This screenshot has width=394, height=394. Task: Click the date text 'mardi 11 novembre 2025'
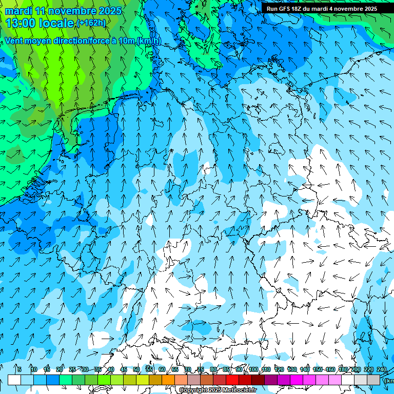[63, 11]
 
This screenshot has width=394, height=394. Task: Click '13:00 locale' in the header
[40, 23]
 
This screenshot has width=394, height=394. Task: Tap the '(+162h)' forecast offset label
[91, 23]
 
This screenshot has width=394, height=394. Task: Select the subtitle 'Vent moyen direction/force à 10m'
[70, 41]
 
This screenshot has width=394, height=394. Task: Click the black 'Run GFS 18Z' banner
[322, 8]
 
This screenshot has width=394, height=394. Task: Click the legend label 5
[19, 369]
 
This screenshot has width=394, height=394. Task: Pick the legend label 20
[60, 369]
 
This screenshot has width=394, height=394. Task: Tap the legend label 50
[136, 369]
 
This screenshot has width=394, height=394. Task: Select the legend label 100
[253, 369]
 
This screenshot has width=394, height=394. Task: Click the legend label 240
[381, 369]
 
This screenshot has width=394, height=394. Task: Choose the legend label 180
[343, 369]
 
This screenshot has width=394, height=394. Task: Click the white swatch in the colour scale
[14, 380]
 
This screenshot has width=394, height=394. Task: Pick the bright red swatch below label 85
[232, 380]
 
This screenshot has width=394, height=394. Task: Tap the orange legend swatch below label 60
[168, 380]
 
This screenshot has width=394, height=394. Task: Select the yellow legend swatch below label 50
[143, 380]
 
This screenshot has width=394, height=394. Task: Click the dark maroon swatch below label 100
[258, 380]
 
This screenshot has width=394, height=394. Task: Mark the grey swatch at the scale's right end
[373, 380]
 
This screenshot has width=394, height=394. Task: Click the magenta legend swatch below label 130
[297, 380]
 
